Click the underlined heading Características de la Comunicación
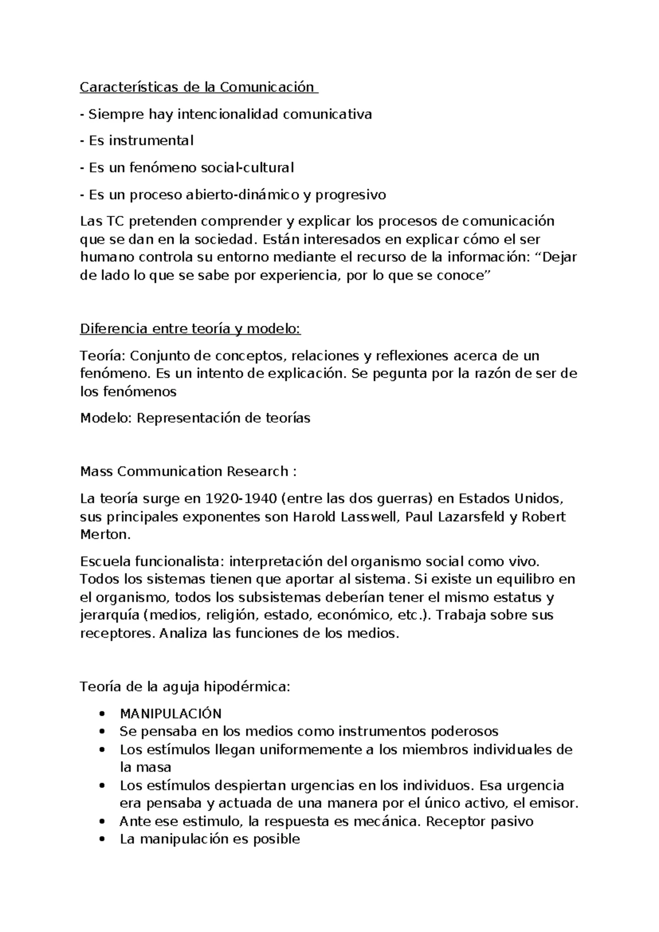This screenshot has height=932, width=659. (x=198, y=87)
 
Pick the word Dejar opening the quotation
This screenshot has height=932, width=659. (x=559, y=257)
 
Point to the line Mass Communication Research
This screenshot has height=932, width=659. (x=188, y=471)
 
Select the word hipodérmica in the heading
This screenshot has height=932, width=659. (x=246, y=687)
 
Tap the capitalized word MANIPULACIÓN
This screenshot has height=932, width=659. (x=170, y=714)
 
